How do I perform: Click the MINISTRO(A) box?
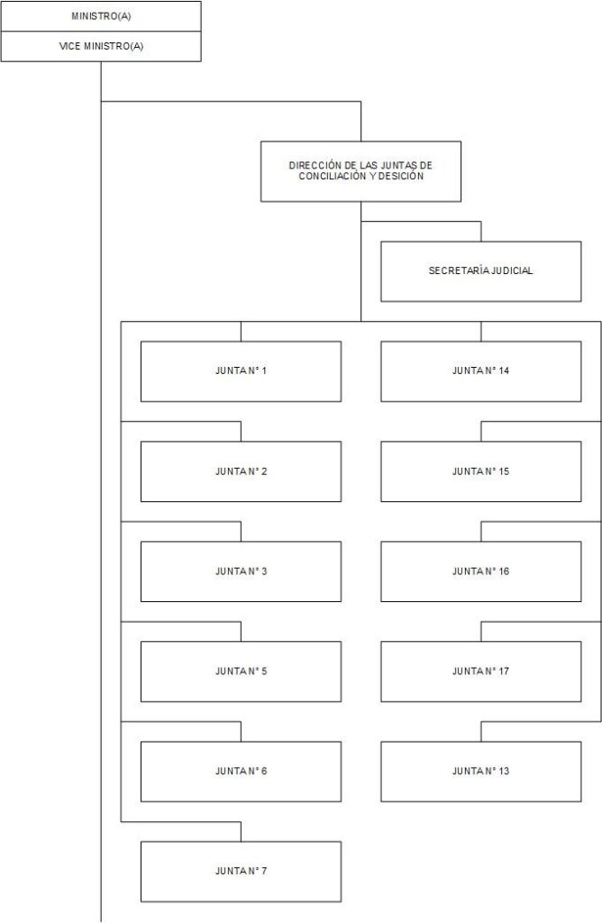coord(101,16)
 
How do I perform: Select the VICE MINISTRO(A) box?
coord(101,47)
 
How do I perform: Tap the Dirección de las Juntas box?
coord(360,171)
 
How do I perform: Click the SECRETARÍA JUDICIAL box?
coord(480,271)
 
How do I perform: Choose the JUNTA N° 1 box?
coord(241,371)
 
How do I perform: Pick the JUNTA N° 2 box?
coord(241,471)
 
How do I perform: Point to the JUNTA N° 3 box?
coord(241,571)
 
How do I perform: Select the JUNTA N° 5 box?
coord(241,672)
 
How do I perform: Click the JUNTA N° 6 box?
coord(241,772)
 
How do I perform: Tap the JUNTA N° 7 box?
coord(241,872)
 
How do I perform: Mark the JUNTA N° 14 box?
coord(480,371)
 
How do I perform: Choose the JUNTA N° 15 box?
coord(480,471)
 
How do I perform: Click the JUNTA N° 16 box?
coord(480,571)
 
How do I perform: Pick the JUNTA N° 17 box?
coord(480,672)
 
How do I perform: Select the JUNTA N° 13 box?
coord(480,772)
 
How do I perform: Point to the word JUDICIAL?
coord(512,270)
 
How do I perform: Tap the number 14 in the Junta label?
coord(504,370)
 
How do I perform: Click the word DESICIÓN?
coord(401,176)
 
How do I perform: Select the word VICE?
coord(69,46)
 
